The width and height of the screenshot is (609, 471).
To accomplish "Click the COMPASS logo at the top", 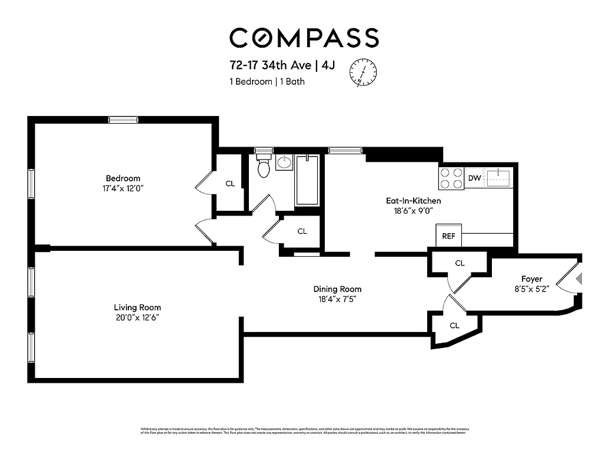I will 304,38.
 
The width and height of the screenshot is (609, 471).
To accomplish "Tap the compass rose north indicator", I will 364,73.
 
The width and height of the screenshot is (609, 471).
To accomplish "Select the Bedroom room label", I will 123,178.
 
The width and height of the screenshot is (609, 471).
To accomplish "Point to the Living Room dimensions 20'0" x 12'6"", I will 137,317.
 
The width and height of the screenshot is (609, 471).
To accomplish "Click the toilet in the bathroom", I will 264,167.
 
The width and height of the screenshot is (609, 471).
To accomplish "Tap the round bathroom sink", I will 284,162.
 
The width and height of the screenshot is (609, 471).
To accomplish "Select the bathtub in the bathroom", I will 307,180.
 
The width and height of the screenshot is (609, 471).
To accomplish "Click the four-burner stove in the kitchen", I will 451,177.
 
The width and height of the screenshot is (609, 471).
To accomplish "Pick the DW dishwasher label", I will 474,178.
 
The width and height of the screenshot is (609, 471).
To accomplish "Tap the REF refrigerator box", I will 448,236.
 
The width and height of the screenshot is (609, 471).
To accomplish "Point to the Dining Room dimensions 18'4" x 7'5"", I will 337,299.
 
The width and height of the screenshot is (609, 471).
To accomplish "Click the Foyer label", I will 531,278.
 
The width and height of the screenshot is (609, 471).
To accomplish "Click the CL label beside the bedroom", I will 230,184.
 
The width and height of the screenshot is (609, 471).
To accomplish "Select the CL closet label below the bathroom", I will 302,231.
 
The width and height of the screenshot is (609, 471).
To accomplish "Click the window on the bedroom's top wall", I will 124,120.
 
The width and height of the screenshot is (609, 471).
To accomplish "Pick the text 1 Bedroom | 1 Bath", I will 267,82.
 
